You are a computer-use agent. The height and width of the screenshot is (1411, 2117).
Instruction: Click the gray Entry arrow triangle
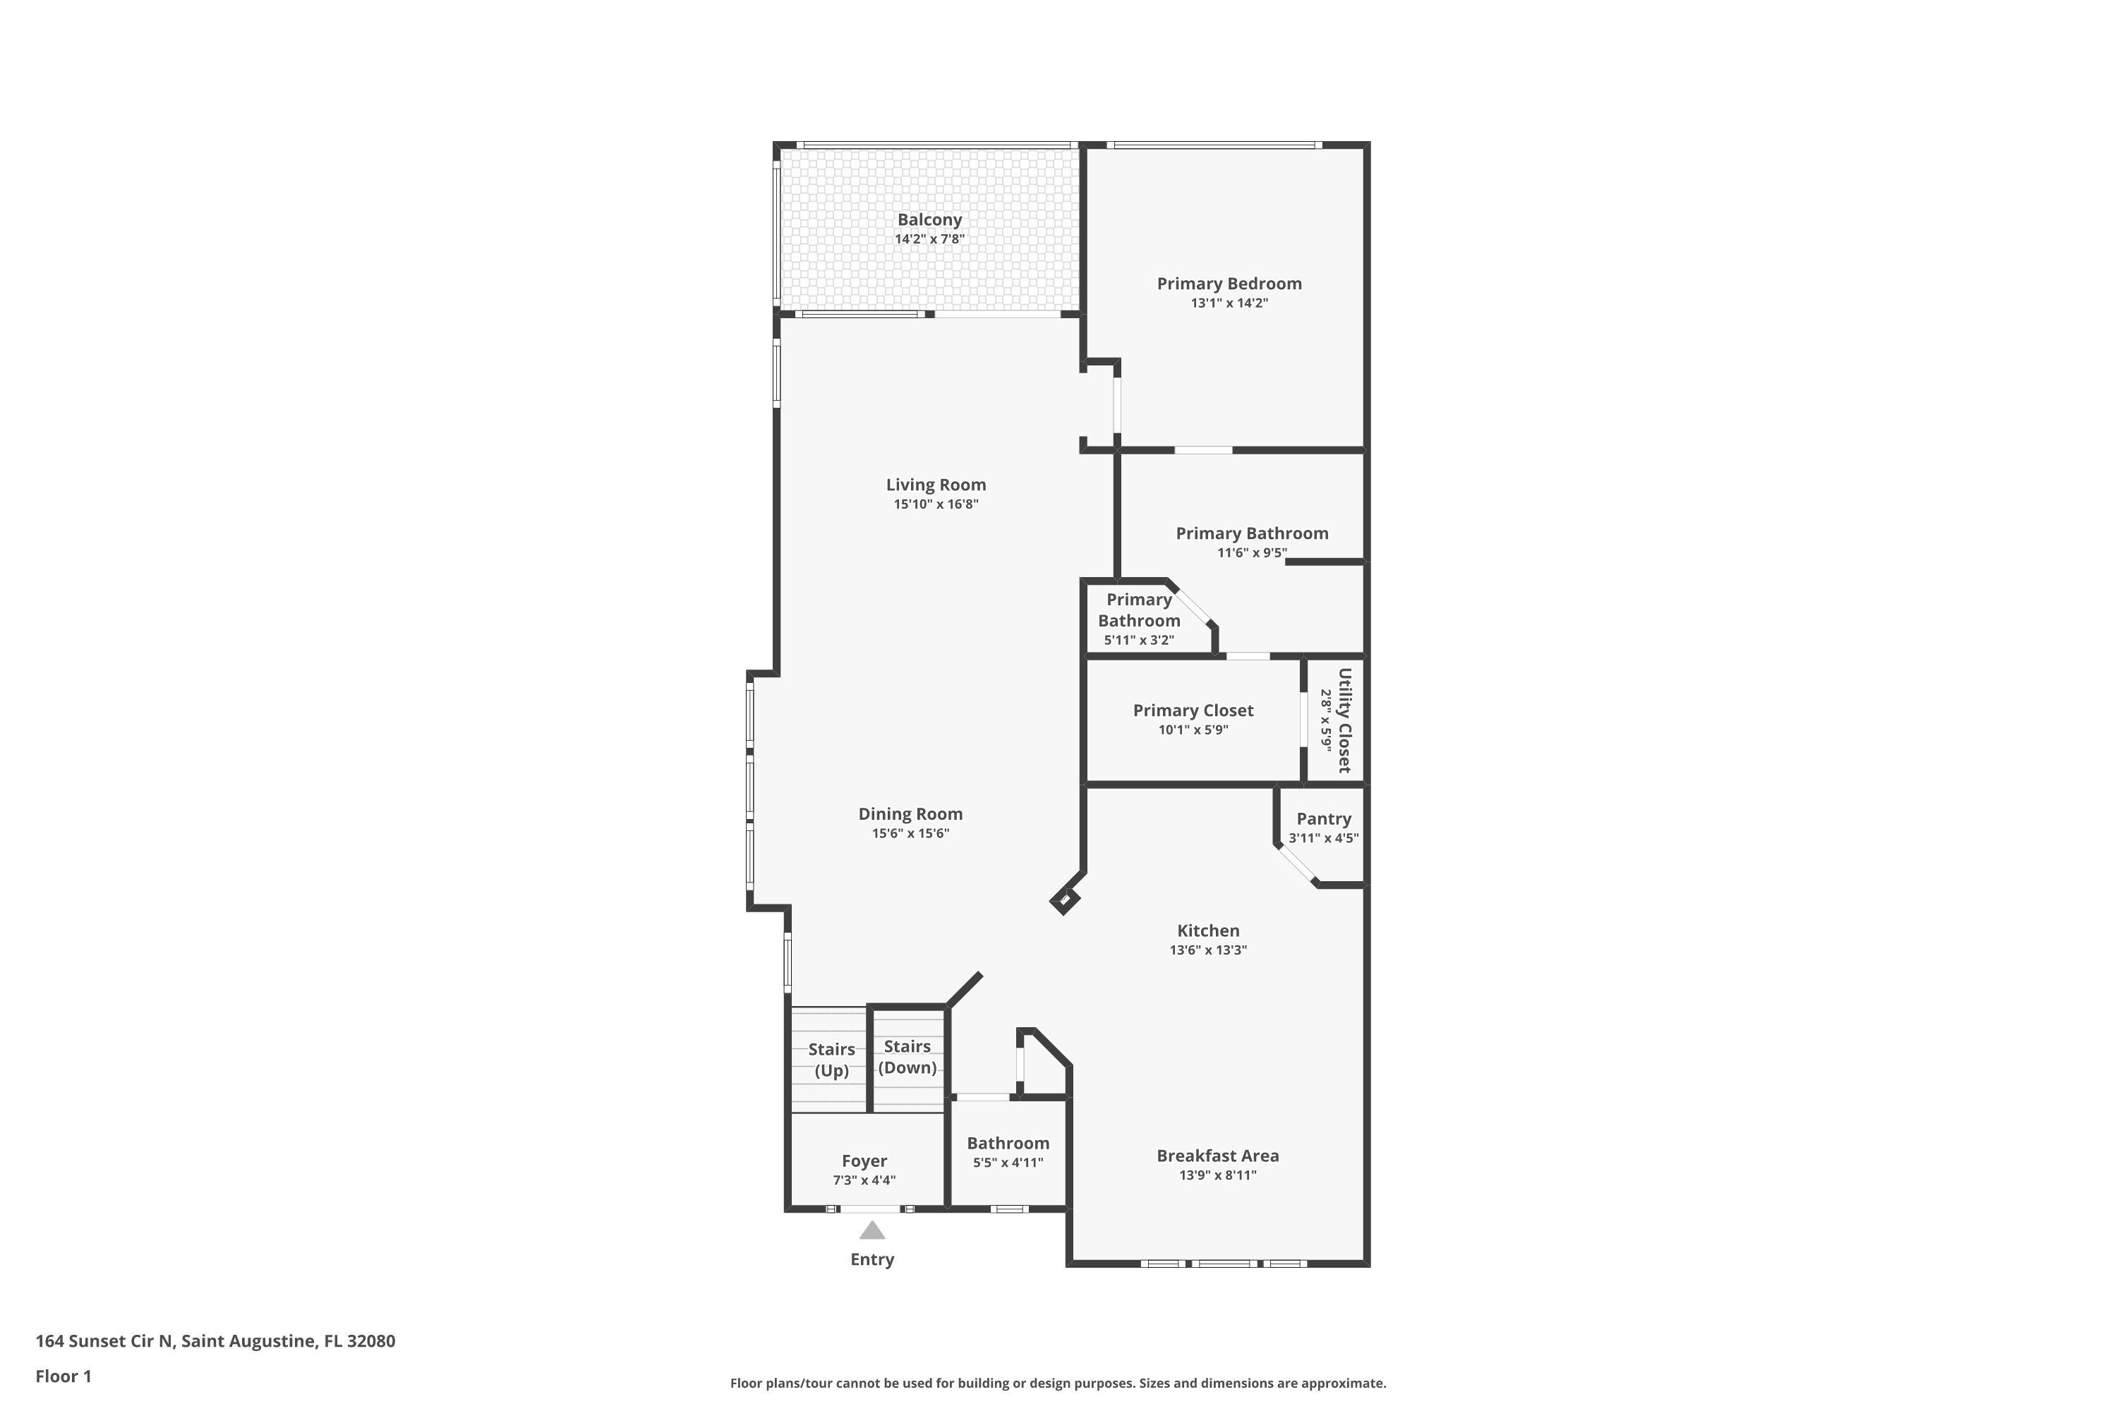[x=871, y=1230]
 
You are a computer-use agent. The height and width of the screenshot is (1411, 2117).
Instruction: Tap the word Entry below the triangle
[x=872, y=1260]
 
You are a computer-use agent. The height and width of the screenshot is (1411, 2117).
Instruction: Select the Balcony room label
[x=930, y=219]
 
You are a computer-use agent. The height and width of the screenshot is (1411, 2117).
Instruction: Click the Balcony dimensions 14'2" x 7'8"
[x=930, y=239]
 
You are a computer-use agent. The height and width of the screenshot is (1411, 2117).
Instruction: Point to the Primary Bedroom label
[x=1229, y=284]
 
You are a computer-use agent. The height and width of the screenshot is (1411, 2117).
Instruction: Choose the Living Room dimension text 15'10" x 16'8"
[x=936, y=504]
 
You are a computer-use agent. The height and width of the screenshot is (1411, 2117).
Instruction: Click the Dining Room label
[x=911, y=814]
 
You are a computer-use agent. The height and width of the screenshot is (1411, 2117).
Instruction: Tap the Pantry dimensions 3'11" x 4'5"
[x=1324, y=838]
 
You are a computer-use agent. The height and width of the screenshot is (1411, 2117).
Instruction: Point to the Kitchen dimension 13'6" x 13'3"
[x=1209, y=950]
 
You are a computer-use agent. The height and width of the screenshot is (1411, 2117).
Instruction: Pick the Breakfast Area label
[x=1218, y=1156]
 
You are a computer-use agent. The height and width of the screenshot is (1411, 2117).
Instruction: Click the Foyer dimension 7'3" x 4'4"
[x=864, y=1180]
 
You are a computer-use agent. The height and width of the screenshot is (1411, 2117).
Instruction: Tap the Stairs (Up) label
[x=832, y=1060]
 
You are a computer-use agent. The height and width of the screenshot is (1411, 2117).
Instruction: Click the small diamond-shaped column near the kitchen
[x=1065, y=900]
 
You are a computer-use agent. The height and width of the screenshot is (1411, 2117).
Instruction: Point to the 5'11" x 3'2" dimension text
[x=1140, y=641]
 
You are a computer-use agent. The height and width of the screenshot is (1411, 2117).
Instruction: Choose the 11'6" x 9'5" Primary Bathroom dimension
[x=1252, y=552]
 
